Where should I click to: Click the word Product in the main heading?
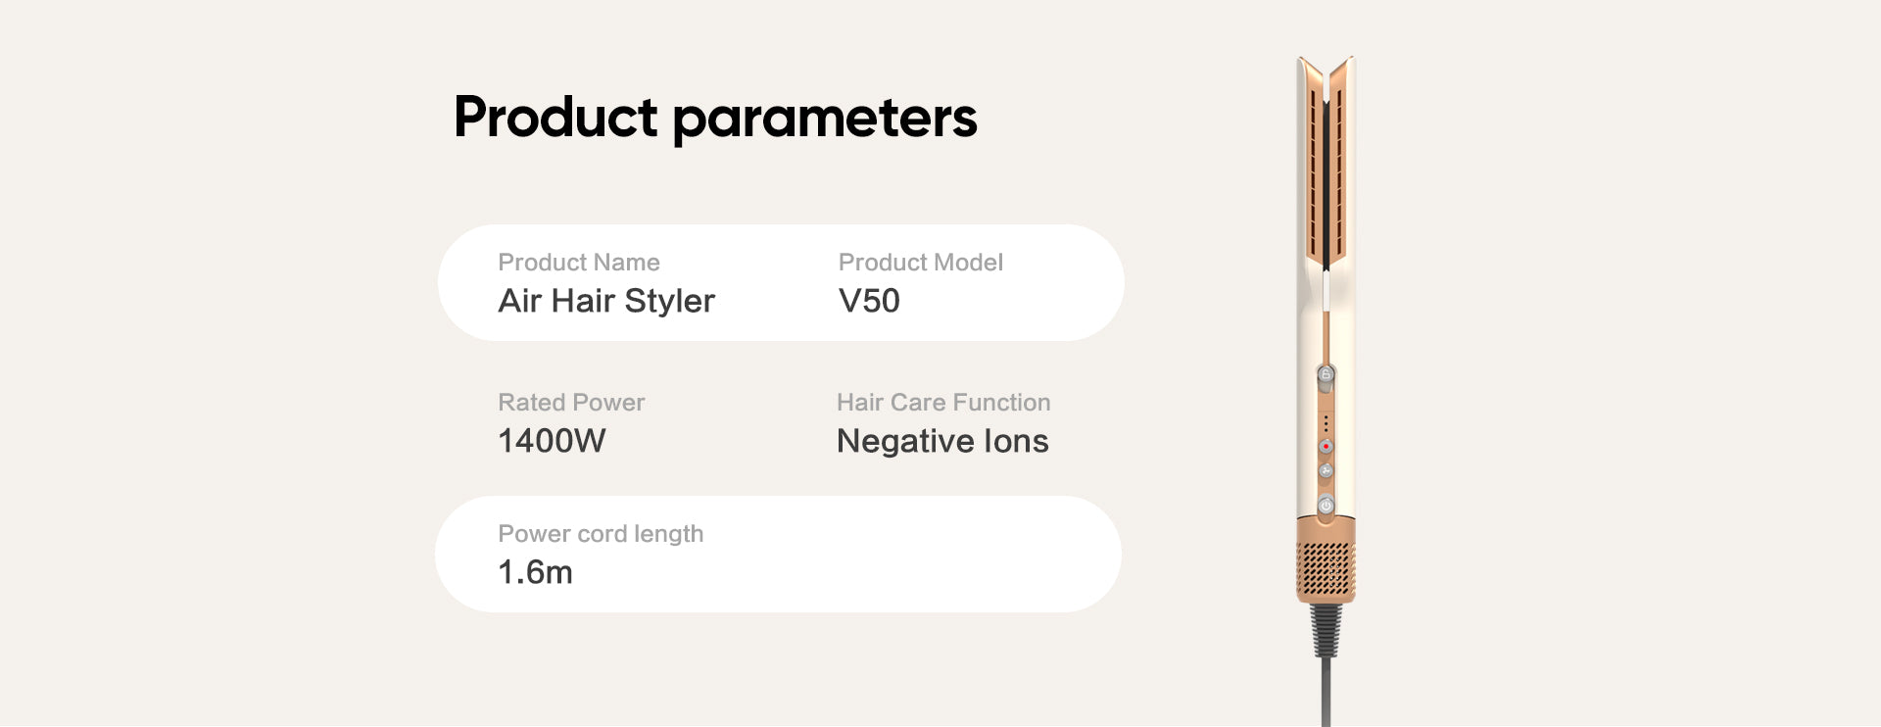click(555, 117)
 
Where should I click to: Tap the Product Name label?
click(579, 263)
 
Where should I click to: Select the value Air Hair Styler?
click(606, 301)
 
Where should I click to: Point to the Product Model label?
click(921, 263)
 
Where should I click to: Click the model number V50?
click(869, 301)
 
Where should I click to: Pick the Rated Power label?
click(571, 403)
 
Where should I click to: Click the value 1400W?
click(552, 441)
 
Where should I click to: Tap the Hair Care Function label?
click(943, 403)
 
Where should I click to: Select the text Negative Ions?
click(942, 441)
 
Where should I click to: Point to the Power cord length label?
click(601, 534)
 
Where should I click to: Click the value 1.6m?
click(535, 572)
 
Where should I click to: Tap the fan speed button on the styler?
click(1326, 471)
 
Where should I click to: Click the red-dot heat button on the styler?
click(1326, 447)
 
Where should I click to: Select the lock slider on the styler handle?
click(1326, 374)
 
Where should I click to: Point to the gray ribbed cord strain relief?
click(1326, 629)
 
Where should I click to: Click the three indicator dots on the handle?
click(1326, 423)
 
